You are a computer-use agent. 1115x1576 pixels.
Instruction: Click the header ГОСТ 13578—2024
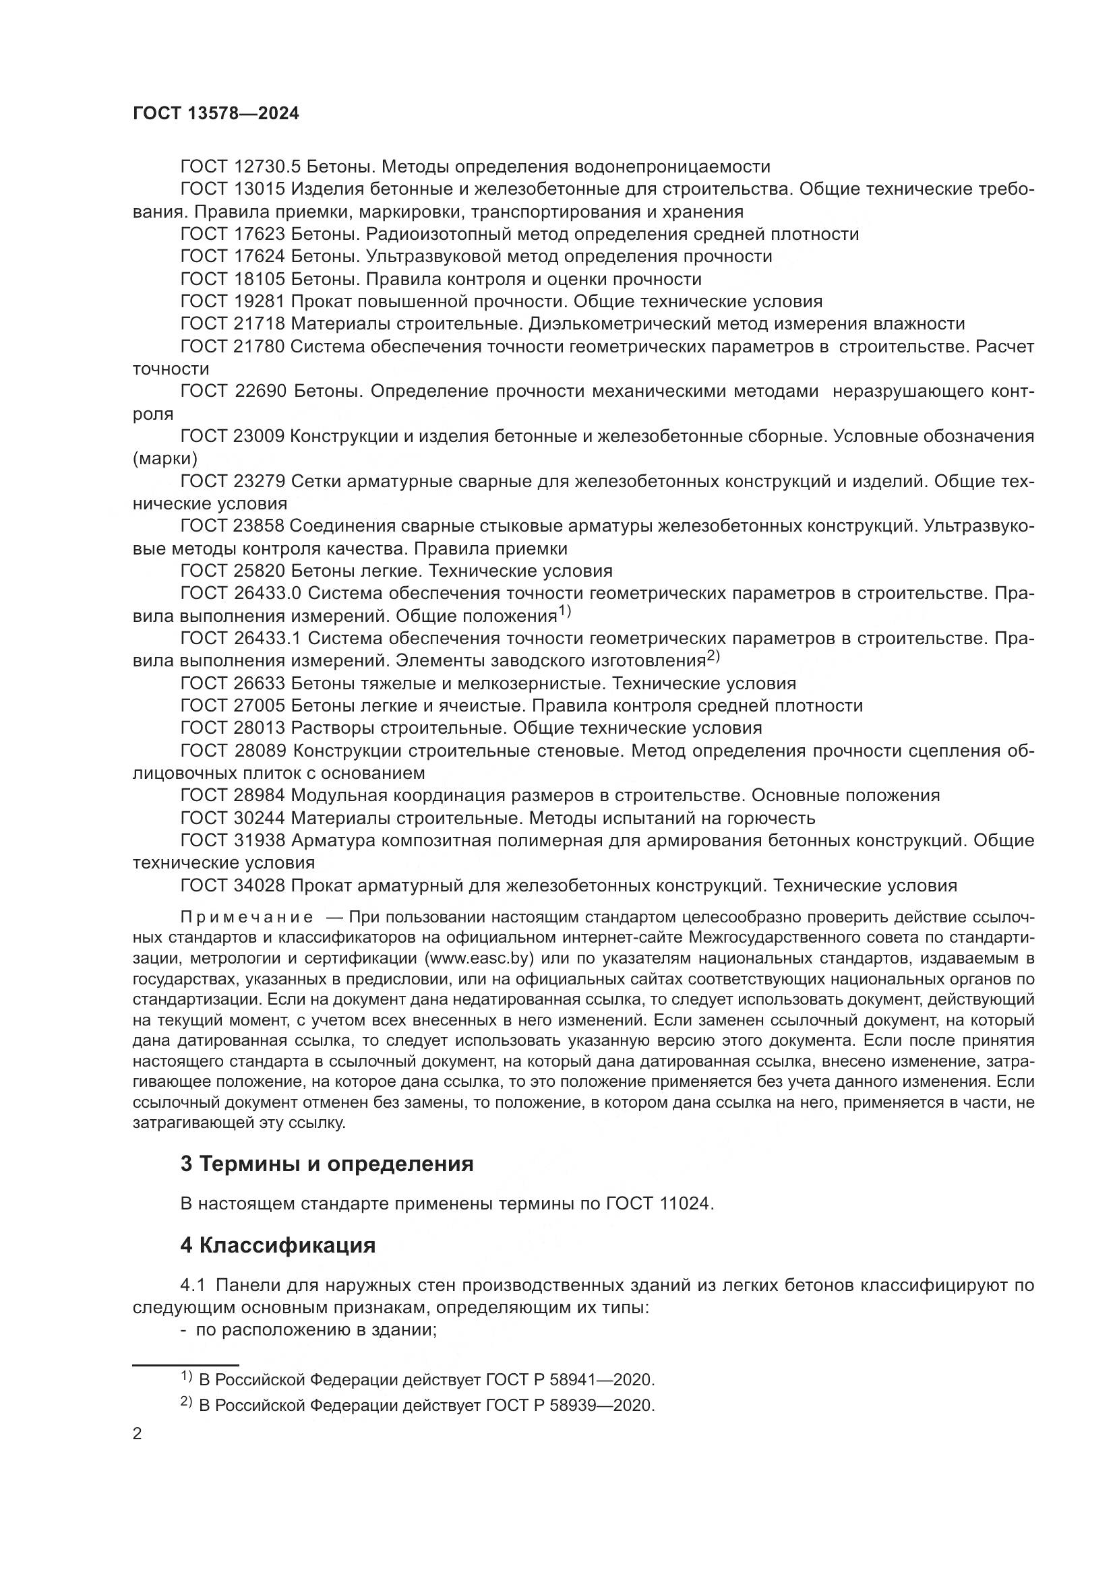(216, 114)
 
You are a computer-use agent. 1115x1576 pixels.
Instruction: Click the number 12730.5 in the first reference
(267, 167)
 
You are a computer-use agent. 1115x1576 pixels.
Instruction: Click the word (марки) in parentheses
(164, 459)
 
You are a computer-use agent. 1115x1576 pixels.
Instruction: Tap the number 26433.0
(267, 594)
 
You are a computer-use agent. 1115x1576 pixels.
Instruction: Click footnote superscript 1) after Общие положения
(564, 611)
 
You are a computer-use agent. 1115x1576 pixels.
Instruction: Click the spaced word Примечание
(247, 918)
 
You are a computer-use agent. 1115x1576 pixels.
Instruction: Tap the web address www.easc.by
(479, 958)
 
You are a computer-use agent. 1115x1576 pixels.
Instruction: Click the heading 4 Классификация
(277, 1245)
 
